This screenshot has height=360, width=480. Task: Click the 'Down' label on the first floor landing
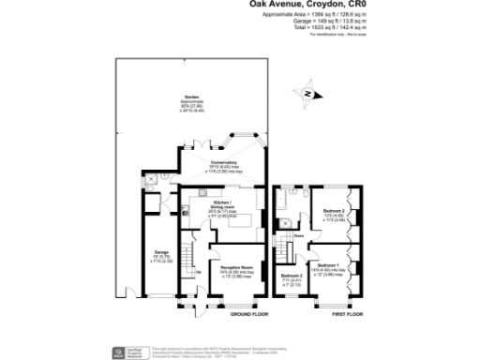[298, 235]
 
